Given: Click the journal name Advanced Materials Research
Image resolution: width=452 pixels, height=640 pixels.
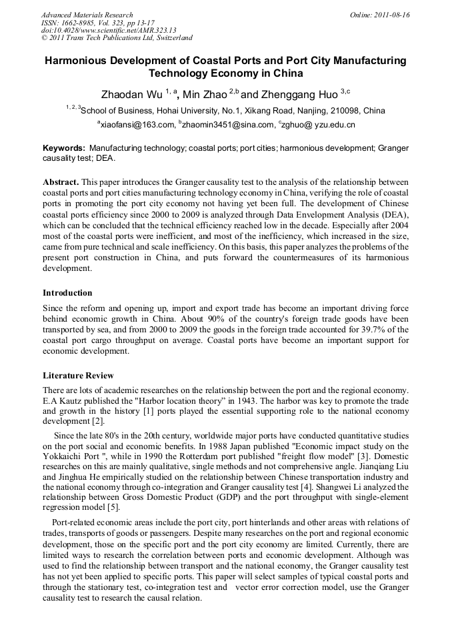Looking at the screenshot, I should coord(87,15).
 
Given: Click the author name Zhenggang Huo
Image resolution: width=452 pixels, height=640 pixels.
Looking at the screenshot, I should coord(297,94).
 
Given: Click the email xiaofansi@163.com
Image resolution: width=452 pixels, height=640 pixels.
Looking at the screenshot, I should coord(137,125).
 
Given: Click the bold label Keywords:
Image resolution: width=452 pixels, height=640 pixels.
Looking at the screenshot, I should coord(64,147).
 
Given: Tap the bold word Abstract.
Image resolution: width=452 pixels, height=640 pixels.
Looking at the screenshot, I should coord(61,182).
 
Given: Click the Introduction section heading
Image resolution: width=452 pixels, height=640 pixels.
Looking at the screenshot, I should coord(67,293).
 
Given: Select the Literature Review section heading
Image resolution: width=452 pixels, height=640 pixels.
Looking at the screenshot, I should coord(78,376).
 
